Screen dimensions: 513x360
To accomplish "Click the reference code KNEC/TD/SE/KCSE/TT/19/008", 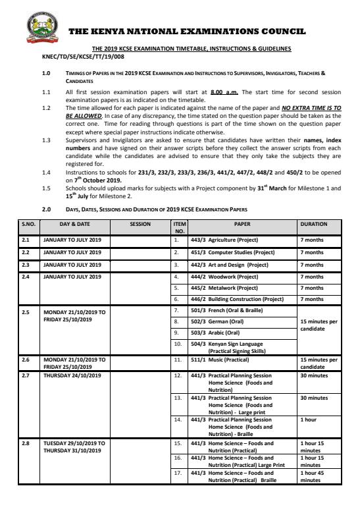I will click(x=79, y=57).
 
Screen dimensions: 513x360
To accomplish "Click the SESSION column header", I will click(x=140, y=224).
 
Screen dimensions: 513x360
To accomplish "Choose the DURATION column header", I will click(x=313, y=224).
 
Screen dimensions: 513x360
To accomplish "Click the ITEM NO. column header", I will click(x=176, y=227).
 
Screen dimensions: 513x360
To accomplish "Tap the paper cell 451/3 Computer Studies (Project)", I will click(x=230, y=252).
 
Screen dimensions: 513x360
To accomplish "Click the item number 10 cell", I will click(x=177, y=344).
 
